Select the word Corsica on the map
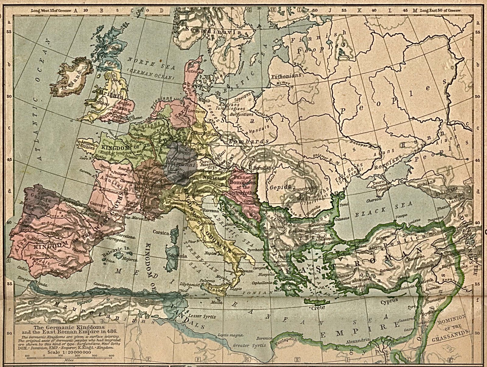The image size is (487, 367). coord(161,233)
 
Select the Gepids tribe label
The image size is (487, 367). coord(280,187)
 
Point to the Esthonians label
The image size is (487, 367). coord(286,76)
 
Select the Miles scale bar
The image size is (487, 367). coord(69,356)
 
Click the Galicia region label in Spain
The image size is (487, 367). coord(44,199)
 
